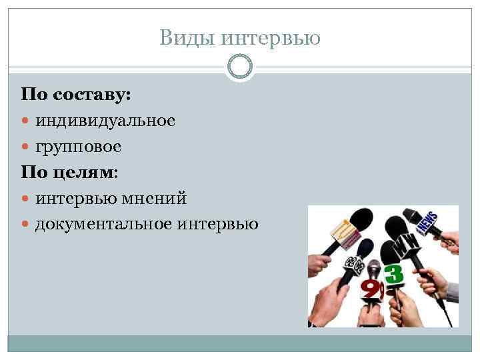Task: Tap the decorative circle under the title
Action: point(240,66)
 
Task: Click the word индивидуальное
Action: point(105,121)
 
